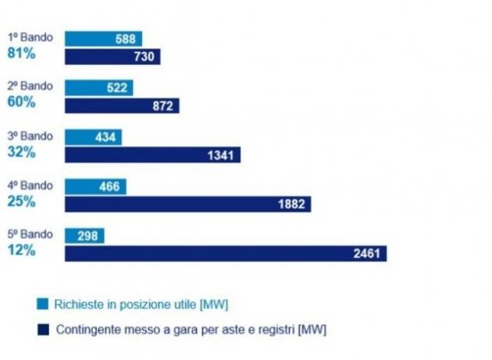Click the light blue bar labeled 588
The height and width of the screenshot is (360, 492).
(x=103, y=39)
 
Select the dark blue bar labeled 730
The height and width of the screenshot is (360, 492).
(x=112, y=56)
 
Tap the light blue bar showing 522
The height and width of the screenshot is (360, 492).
(x=98, y=87)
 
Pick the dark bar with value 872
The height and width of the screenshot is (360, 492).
(x=122, y=105)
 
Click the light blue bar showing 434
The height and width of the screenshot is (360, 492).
(x=93, y=137)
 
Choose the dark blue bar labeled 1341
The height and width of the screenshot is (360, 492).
(x=152, y=155)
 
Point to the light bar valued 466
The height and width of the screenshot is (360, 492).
(x=95, y=187)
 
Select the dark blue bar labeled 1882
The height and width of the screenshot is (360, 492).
(x=187, y=204)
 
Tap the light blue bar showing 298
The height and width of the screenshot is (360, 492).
(x=84, y=236)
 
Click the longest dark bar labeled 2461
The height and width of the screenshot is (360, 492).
(x=225, y=253)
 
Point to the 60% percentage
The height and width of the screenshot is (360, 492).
(x=21, y=102)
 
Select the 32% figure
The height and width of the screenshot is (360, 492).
(x=21, y=151)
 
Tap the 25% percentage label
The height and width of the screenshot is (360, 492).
(x=21, y=201)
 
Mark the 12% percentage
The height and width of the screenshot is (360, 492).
(x=21, y=250)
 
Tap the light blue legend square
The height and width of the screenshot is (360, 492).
(x=42, y=303)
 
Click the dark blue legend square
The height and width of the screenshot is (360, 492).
(x=42, y=329)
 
